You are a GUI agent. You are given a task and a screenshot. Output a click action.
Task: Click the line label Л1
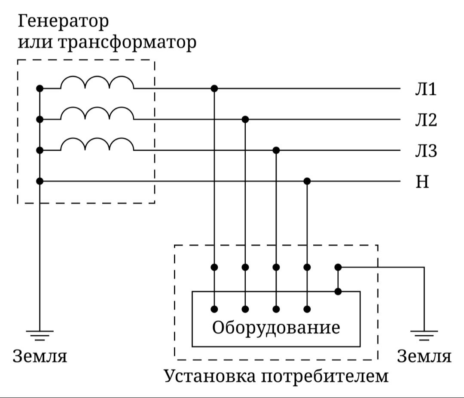coord(425,89)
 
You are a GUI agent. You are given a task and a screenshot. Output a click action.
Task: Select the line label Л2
coord(426,120)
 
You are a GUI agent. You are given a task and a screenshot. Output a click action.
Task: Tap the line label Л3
coord(426,151)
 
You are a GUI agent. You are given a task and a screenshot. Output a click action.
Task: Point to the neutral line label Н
coord(422,182)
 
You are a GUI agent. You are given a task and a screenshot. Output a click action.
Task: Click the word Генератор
coord(63,21)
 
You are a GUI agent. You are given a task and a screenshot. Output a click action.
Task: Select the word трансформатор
coord(127,42)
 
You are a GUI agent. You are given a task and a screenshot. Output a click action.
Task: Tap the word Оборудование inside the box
coord(276,328)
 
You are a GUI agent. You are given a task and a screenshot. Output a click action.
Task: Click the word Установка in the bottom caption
coord(210,376)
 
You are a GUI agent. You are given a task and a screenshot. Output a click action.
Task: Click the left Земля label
coord(40,356)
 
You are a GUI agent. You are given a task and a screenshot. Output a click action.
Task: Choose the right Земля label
coord(424,356)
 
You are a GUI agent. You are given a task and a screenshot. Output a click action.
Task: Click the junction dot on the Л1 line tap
coord(214,88)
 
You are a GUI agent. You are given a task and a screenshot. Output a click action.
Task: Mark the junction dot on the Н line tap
coord(307,181)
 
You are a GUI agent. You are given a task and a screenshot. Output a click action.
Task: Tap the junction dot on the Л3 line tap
coord(276,150)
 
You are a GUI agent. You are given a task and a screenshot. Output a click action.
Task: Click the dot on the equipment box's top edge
coord(338,292)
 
